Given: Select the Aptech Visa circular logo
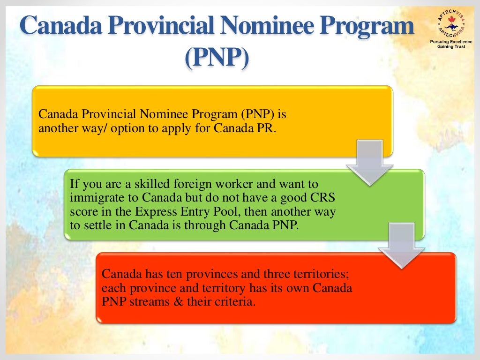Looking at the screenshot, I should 451,22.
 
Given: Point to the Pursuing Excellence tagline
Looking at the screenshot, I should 451,42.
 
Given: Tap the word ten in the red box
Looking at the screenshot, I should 189,273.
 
